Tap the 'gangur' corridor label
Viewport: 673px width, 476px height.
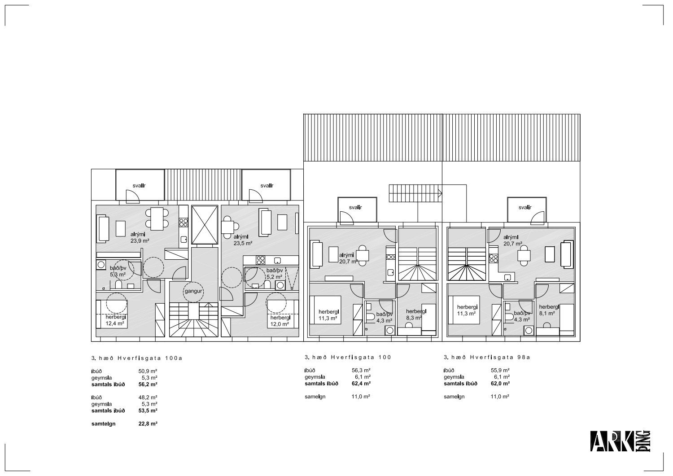193,291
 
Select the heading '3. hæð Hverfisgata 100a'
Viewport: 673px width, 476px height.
137,358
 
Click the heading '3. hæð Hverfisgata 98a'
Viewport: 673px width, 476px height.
487,357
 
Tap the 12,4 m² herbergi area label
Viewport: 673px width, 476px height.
115,323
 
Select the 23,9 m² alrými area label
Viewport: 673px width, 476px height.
140,241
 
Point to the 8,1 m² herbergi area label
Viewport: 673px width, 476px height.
547,314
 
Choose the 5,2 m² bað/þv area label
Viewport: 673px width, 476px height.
274,277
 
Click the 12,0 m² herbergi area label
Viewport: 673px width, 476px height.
280,324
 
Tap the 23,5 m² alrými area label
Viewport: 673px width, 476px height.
243,244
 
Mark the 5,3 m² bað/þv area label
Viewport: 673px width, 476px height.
118,275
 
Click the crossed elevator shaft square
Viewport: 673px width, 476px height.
205,225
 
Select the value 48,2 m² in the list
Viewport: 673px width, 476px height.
148,397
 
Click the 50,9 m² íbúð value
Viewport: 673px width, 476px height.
148,371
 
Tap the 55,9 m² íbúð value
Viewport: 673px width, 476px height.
500,370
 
